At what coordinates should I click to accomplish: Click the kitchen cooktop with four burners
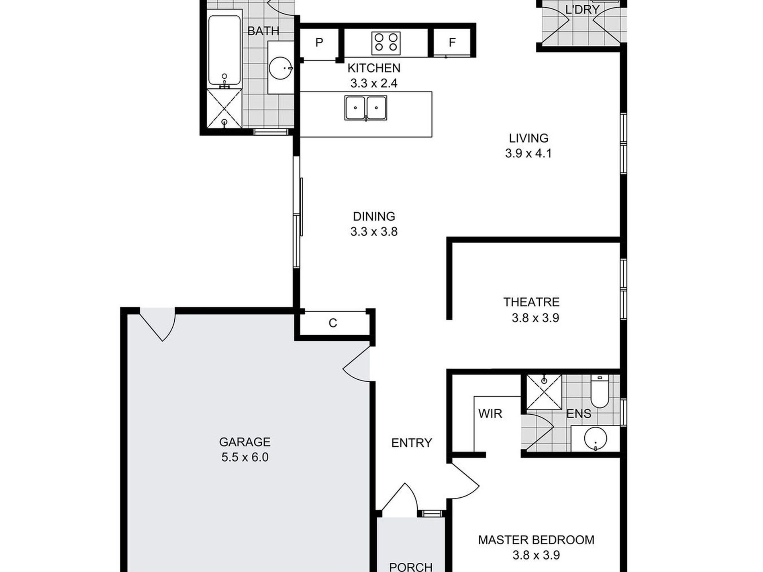click(386, 43)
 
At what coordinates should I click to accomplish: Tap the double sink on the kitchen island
click(365, 108)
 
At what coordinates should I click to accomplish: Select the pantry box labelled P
click(319, 43)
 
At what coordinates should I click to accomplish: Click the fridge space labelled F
click(452, 43)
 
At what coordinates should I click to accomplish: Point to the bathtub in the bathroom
click(224, 52)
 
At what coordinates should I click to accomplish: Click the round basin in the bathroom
click(280, 68)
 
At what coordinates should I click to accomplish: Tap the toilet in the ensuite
click(600, 391)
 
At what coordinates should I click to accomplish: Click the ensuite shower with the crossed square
click(544, 392)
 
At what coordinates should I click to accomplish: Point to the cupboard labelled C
click(333, 323)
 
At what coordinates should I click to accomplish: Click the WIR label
click(490, 413)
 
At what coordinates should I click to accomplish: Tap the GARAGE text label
click(245, 442)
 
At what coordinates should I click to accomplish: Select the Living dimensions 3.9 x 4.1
click(528, 153)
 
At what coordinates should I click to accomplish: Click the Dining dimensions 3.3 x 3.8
click(374, 232)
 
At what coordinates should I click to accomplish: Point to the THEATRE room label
click(531, 302)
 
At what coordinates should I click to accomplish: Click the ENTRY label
click(412, 443)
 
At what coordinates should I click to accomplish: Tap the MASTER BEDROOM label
click(536, 540)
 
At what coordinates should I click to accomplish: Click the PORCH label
click(411, 567)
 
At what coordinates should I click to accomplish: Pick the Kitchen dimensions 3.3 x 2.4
click(374, 83)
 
